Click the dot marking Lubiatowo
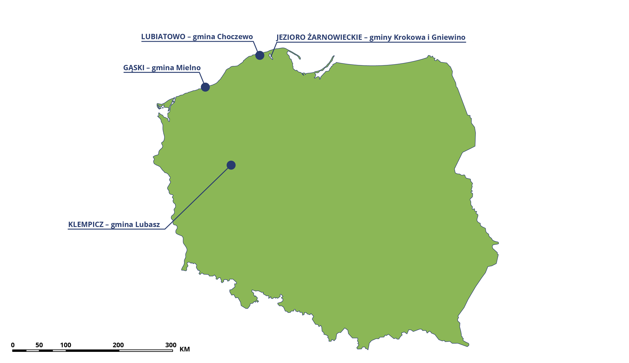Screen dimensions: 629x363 tap(260, 55)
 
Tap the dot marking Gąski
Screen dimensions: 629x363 tap(205, 87)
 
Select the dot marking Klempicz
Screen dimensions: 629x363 tap(231, 165)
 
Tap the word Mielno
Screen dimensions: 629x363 tap(188, 68)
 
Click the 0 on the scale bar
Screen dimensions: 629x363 tap(13, 345)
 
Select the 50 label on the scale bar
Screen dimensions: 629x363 tap(39, 345)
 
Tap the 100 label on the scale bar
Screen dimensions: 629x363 tap(66, 345)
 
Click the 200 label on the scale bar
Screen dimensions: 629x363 tap(118, 345)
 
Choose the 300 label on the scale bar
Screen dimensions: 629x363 tap(171, 345)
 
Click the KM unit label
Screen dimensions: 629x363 tap(185, 349)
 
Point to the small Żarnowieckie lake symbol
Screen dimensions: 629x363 tap(271, 57)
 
